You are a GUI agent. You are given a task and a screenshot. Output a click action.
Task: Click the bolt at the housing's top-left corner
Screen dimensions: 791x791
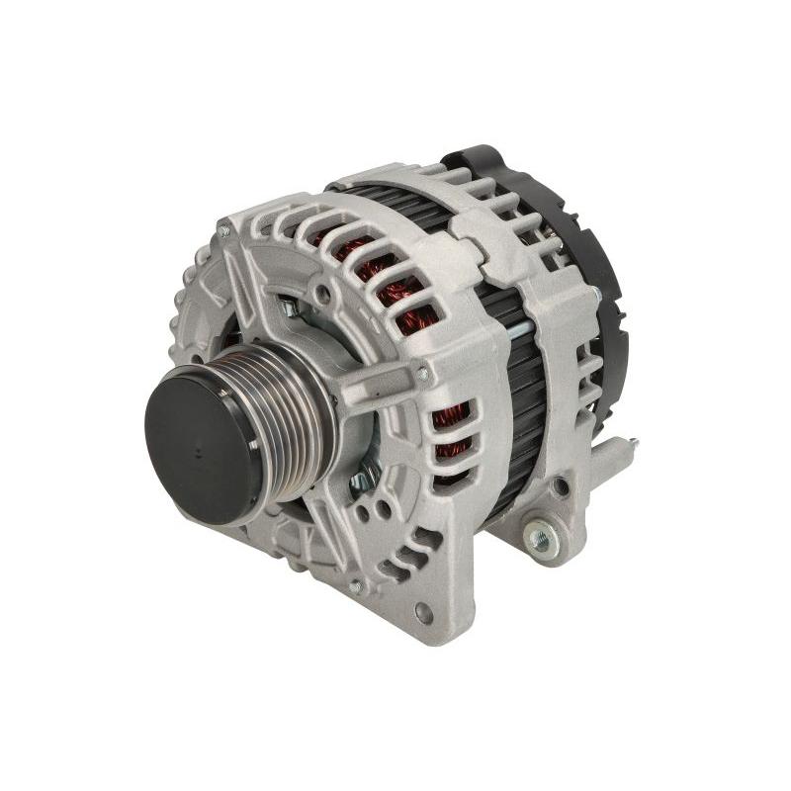224,231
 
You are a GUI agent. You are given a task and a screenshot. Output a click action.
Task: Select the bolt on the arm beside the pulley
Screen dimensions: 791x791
424,374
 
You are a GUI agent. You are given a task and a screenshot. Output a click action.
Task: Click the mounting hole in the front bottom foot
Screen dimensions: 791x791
424,612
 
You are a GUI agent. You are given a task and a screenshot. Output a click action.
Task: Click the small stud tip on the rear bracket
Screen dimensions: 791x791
633,444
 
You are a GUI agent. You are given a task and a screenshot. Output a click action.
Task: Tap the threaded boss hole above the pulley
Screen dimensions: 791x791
323,294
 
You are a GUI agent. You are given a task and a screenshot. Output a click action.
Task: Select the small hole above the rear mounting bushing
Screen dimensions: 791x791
561,486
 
